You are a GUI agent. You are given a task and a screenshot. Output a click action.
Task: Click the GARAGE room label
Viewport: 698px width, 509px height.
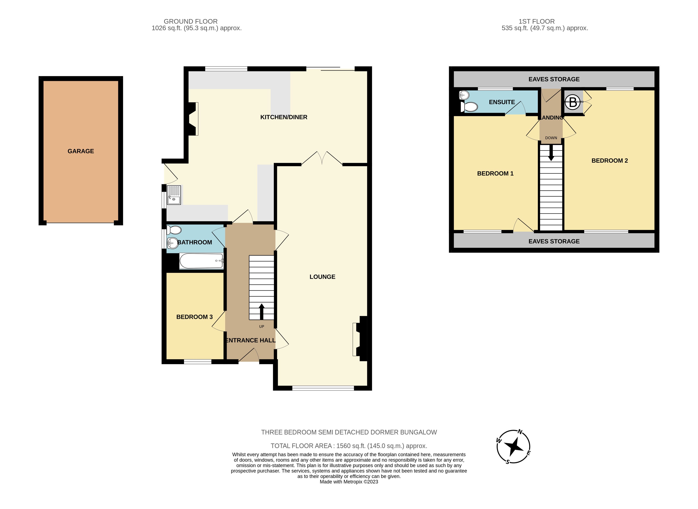pos(81,151)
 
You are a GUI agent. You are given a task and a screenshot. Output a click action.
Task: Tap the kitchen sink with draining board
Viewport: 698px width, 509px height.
pos(174,195)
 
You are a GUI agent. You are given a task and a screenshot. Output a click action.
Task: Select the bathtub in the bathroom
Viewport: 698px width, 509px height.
pos(201,261)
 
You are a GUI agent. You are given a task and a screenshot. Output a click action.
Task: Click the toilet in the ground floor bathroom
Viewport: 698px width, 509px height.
pos(174,230)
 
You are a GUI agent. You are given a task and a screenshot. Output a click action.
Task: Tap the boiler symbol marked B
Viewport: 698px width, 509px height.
pos(573,102)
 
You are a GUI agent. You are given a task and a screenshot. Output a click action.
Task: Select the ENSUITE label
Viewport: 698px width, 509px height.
pos(502,102)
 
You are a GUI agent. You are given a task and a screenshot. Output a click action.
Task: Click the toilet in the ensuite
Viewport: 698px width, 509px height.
pos(469,107)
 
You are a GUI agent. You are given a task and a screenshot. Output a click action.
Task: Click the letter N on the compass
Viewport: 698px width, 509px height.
pos(520,432)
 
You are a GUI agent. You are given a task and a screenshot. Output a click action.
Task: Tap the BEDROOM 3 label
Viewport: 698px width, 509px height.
pos(194,317)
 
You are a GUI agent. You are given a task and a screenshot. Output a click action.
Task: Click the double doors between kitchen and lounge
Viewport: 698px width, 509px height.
pos(322,159)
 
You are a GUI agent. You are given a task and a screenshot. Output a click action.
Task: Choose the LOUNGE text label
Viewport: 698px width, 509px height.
pos(322,277)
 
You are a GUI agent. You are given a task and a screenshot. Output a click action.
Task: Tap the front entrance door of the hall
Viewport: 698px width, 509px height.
pos(249,356)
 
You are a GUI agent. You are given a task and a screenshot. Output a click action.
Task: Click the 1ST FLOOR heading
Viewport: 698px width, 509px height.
pos(537,21)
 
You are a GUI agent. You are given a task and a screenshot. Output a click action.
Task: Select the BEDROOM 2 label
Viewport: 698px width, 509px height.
pos(609,161)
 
